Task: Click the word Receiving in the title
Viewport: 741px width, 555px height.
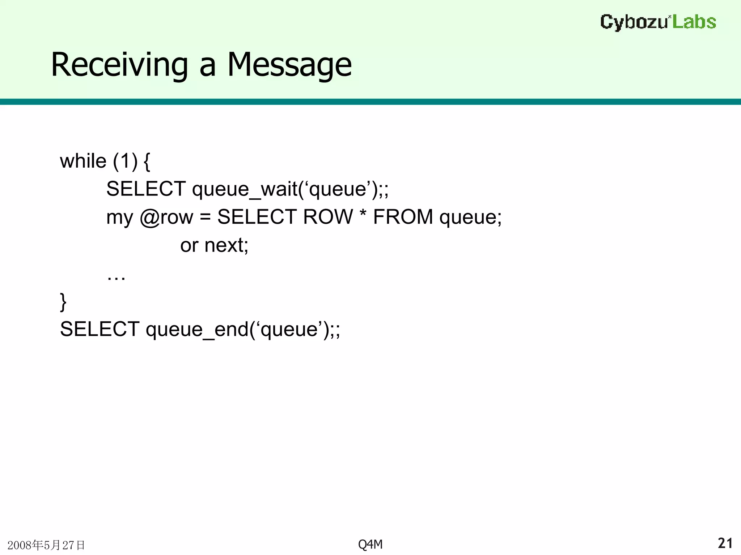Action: (x=119, y=65)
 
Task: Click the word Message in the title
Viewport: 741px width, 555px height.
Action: (x=289, y=65)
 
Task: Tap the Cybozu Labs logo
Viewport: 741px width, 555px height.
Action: (x=658, y=22)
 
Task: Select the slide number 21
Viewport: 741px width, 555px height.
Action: (x=725, y=543)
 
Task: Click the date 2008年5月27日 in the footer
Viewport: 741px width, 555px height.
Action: (x=46, y=545)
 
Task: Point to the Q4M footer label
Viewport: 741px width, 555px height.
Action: (x=370, y=544)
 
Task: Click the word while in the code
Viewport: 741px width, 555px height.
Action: (x=83, y=161)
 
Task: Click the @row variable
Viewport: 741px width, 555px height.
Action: (x=166, y=217)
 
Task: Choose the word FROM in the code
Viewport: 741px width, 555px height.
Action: (x=403, y=217)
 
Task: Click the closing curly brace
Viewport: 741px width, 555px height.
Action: (x=63, y=302)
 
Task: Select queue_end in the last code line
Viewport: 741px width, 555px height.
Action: (x=197, y=330)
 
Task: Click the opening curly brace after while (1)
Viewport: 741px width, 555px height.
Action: (x=147, y=162)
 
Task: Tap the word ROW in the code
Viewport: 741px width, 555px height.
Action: (x=328, y=217)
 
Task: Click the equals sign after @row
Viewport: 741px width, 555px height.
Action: (x=205, y=217)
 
